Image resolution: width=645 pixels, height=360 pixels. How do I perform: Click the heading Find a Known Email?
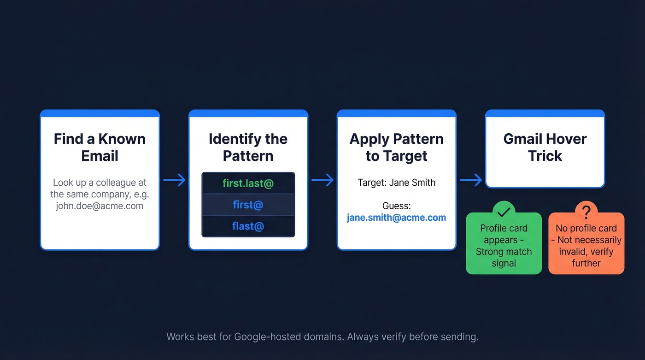100,148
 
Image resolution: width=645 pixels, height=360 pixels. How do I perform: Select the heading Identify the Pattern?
248,148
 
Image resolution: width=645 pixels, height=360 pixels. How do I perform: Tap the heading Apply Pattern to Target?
396,148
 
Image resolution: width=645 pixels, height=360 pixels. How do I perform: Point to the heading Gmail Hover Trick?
545,148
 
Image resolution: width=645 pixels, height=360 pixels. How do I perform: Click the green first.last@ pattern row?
248,183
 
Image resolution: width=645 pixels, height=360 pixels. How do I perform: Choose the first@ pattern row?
248,205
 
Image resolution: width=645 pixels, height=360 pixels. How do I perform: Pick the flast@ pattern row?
248,226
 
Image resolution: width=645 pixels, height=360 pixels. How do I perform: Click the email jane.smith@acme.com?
396,218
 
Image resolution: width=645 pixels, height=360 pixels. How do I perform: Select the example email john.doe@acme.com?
100,206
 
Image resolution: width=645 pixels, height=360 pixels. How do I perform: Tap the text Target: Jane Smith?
396,183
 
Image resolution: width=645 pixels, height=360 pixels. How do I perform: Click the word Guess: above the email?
396,206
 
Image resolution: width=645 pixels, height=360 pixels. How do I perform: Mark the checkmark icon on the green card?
504,212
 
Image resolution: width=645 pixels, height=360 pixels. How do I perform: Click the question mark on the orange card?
586,212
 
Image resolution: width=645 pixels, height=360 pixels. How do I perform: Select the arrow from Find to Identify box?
174,180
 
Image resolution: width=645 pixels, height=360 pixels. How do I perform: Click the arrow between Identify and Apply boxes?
322,180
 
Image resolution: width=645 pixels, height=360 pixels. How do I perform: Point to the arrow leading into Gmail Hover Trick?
471,180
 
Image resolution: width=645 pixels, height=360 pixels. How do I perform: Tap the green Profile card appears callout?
504,246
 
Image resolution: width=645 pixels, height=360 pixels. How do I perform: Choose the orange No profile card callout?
586,246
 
